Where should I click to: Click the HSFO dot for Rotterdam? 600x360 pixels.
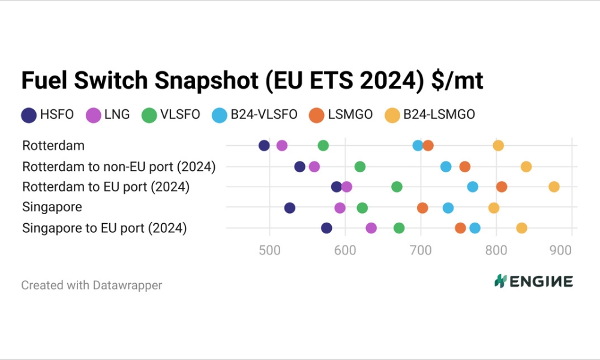point(264,145)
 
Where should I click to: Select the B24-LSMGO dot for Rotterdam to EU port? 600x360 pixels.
point(554,187)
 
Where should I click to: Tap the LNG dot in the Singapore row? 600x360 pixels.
point(340,208)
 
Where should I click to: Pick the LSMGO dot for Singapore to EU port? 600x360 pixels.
point(460,228)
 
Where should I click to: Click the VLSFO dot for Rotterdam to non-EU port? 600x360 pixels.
point(360,166)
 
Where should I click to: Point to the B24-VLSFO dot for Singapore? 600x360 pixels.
point(448,208)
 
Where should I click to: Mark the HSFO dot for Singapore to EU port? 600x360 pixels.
point(326,228)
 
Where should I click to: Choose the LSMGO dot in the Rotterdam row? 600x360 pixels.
point(428,145)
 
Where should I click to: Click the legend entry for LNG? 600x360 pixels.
point(108,115)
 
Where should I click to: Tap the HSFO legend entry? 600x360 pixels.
point(47,115)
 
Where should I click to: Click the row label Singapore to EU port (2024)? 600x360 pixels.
point(104,228)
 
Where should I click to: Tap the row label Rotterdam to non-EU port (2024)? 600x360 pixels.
point(119,166)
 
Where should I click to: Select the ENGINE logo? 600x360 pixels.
point(533,281)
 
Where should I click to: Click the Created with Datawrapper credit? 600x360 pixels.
point(91,285)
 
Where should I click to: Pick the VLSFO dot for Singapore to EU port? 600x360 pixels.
point(399,228)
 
